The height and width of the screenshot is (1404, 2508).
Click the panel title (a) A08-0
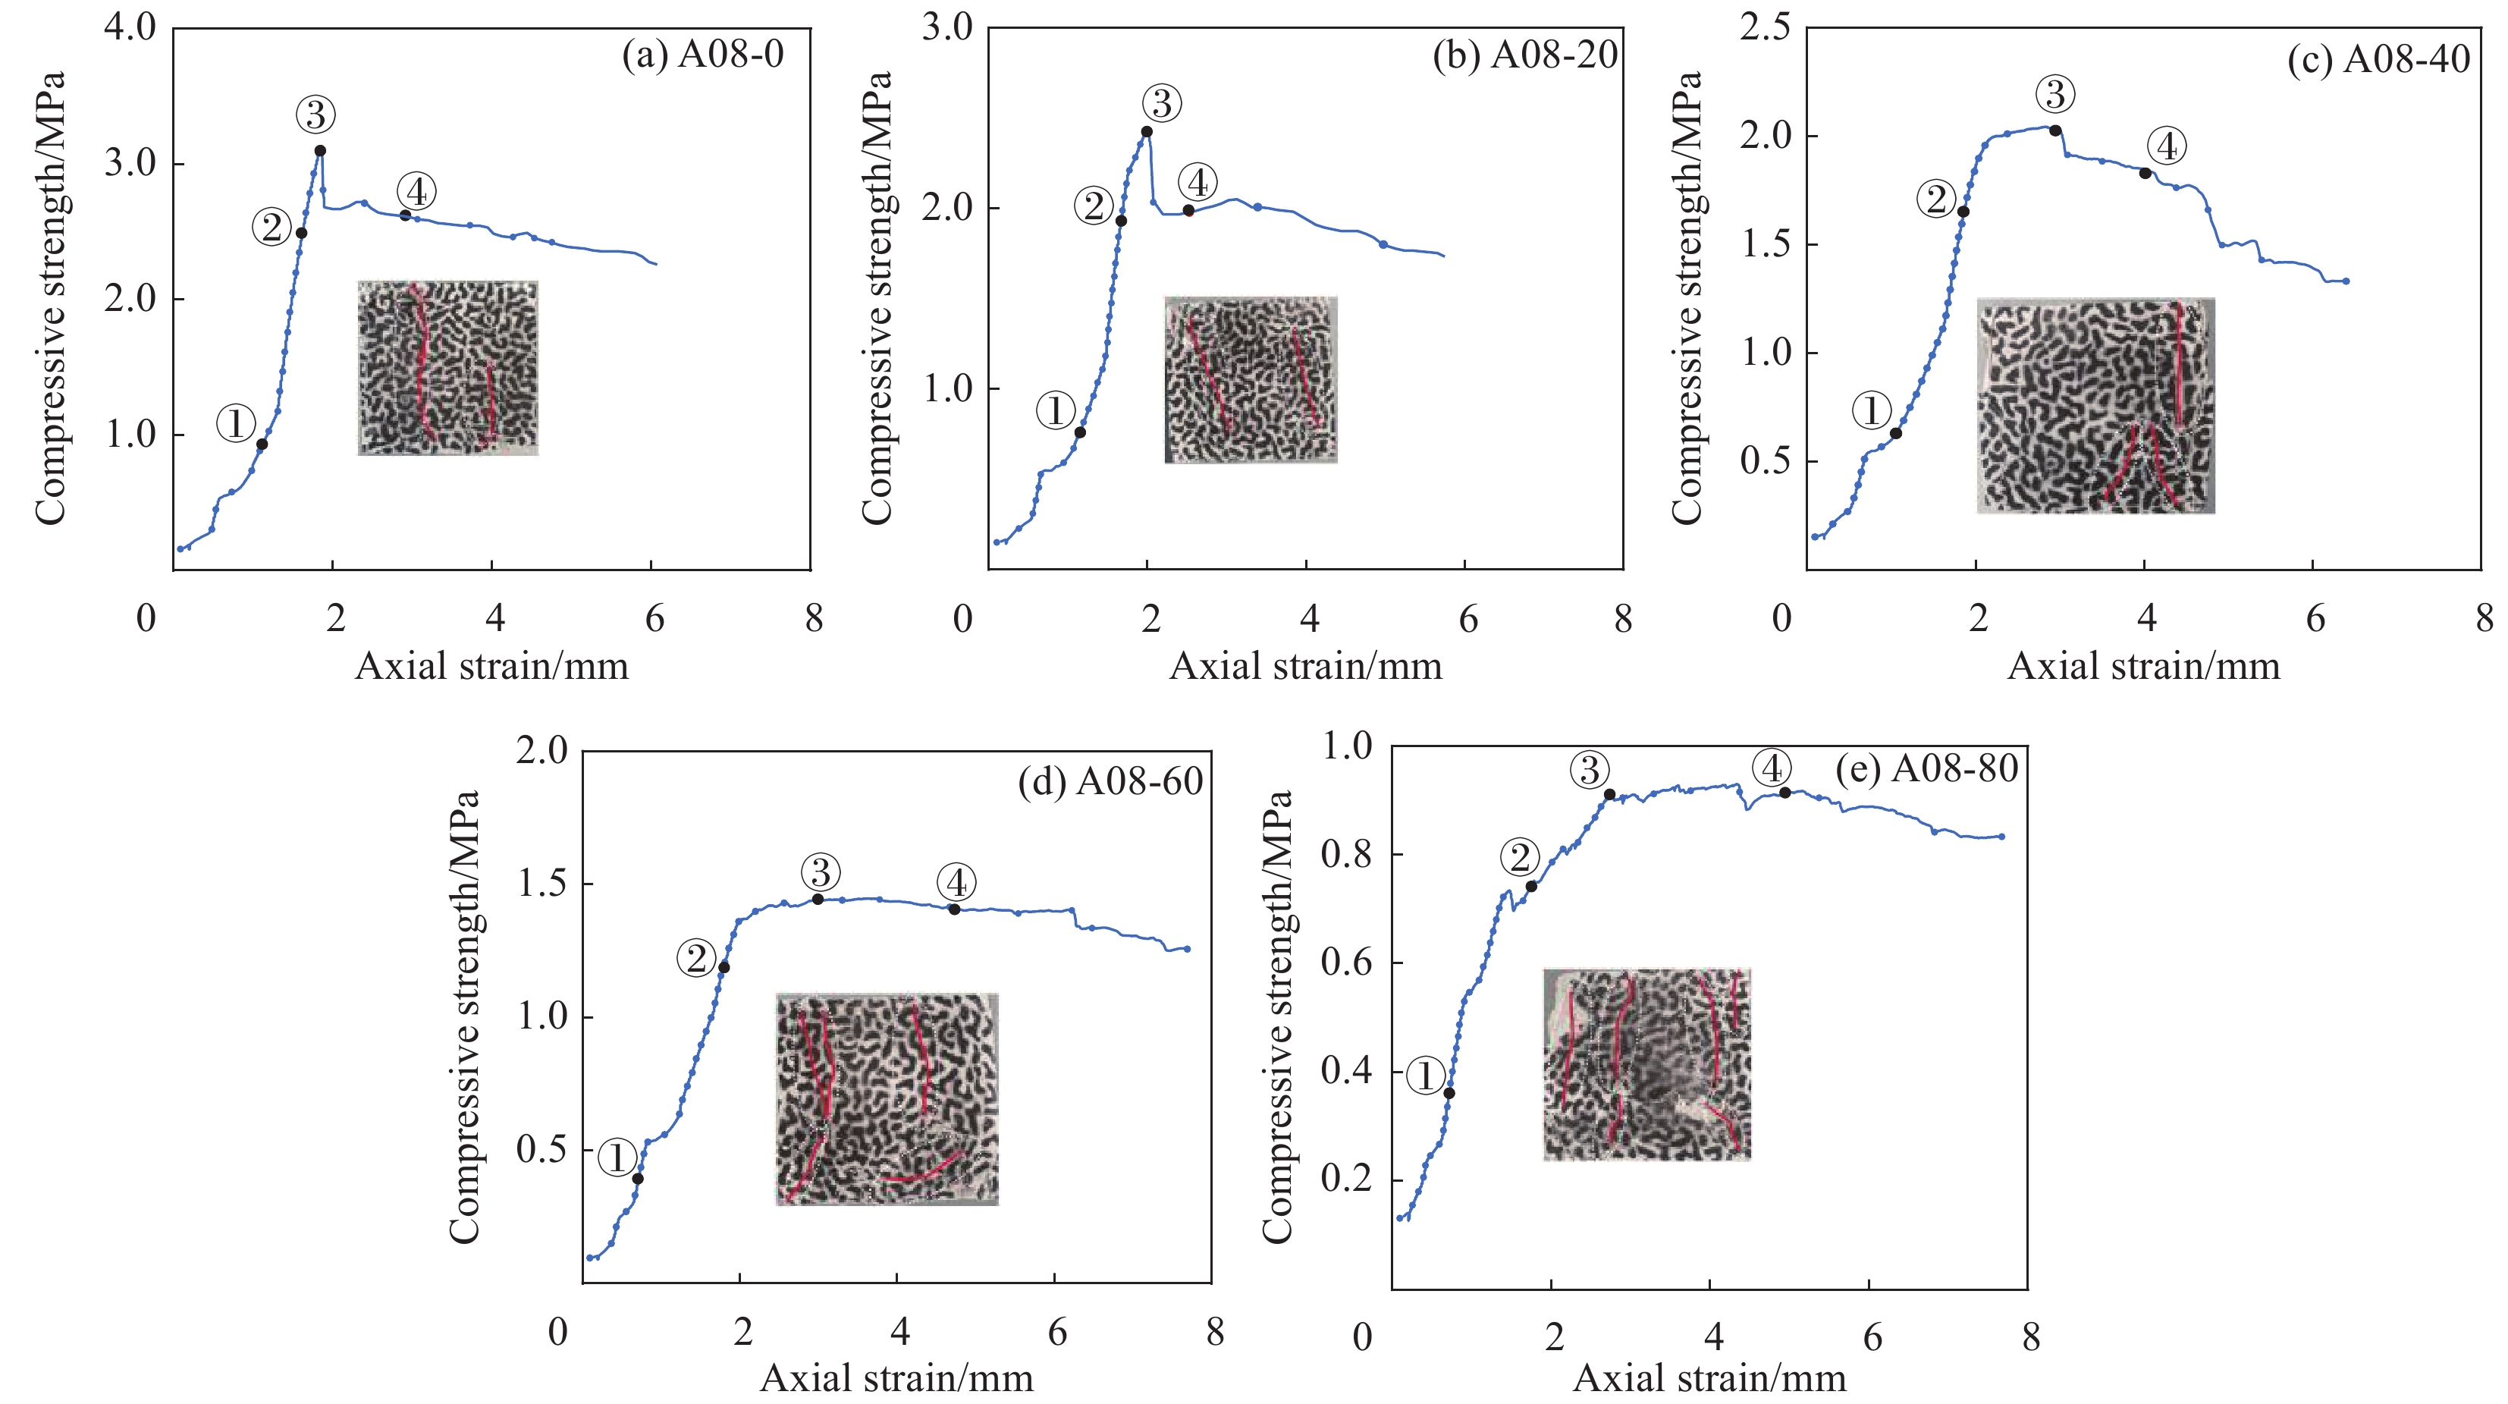click(703, 55)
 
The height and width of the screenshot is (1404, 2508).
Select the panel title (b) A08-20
click(1524, 55)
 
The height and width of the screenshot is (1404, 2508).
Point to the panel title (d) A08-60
click(1111, 782)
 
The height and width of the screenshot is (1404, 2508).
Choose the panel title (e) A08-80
click(1926, 769)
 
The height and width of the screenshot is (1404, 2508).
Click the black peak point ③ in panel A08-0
click(319, 150)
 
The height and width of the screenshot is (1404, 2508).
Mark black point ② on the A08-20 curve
click(1121, 221)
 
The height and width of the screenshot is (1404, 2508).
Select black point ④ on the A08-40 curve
click(2145, 173)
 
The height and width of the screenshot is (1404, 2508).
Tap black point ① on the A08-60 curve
click(638, 1178)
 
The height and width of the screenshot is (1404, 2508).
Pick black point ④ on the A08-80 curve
click(1784, 793)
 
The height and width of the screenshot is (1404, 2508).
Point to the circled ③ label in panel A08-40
click(2055, 95)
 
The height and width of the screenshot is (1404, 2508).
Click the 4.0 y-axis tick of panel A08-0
click(130, 27)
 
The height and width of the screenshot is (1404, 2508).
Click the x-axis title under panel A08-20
click(1304, 667)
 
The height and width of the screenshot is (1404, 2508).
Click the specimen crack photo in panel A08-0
click(448, 368)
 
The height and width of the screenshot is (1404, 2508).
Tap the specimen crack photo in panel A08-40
click(2095, 405)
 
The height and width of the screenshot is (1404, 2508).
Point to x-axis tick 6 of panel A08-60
click(1057, 1332)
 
